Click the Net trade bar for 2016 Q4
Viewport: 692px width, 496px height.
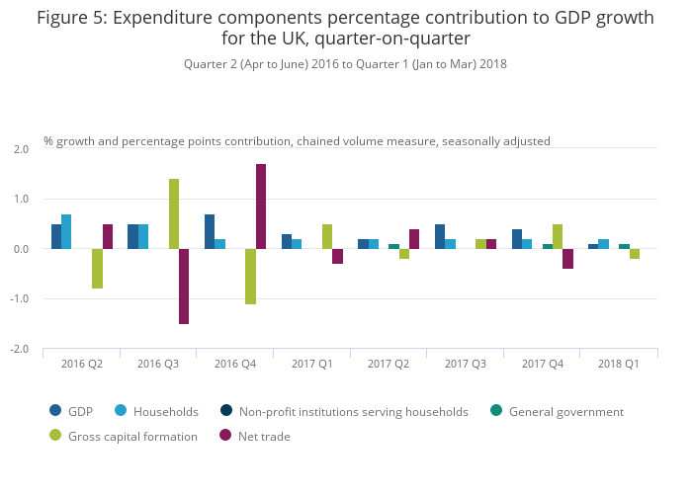pyautogui.click(x=261, y=207)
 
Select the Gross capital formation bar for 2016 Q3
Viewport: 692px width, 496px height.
pyautogui.click(x=174, y=214)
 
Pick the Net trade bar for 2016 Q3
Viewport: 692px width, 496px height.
pyautogui.click(x=184, y=287)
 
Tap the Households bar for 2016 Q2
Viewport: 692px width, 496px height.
pyautogui.click(x=66, y=232)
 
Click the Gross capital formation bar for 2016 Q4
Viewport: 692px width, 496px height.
pyautogui.click(x=250, y=277)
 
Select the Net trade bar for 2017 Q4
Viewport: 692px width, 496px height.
pyautogui.click(x=567, y=259)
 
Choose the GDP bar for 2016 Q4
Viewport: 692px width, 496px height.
pyautogui.click(x=210, y=232)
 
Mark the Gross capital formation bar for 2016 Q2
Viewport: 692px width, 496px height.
pyautogui.click(x=97, y=269)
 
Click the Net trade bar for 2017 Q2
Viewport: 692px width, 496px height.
pyautogui.click(x=414, y=239)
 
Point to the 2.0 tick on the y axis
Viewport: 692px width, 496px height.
pyautogui.click(x=22, y=149)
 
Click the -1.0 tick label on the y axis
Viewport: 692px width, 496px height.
pyautogui.click(x=21, y=299)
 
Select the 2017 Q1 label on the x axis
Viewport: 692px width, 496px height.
pyautogui.click(x=311, y=365)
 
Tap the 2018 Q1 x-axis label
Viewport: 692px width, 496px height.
pyautogui.click(x=618, y=365)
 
